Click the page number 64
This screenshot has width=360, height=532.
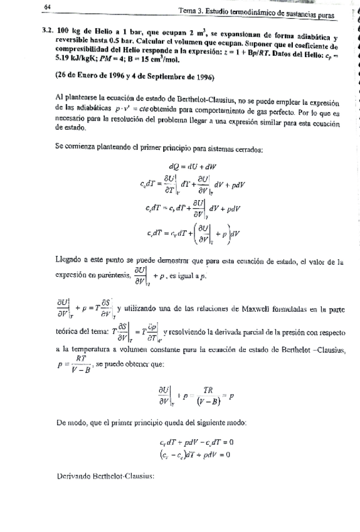click(47, 8)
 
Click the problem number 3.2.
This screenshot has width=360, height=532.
click(45, 30)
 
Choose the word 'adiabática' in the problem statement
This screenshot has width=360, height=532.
click(310, 30)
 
